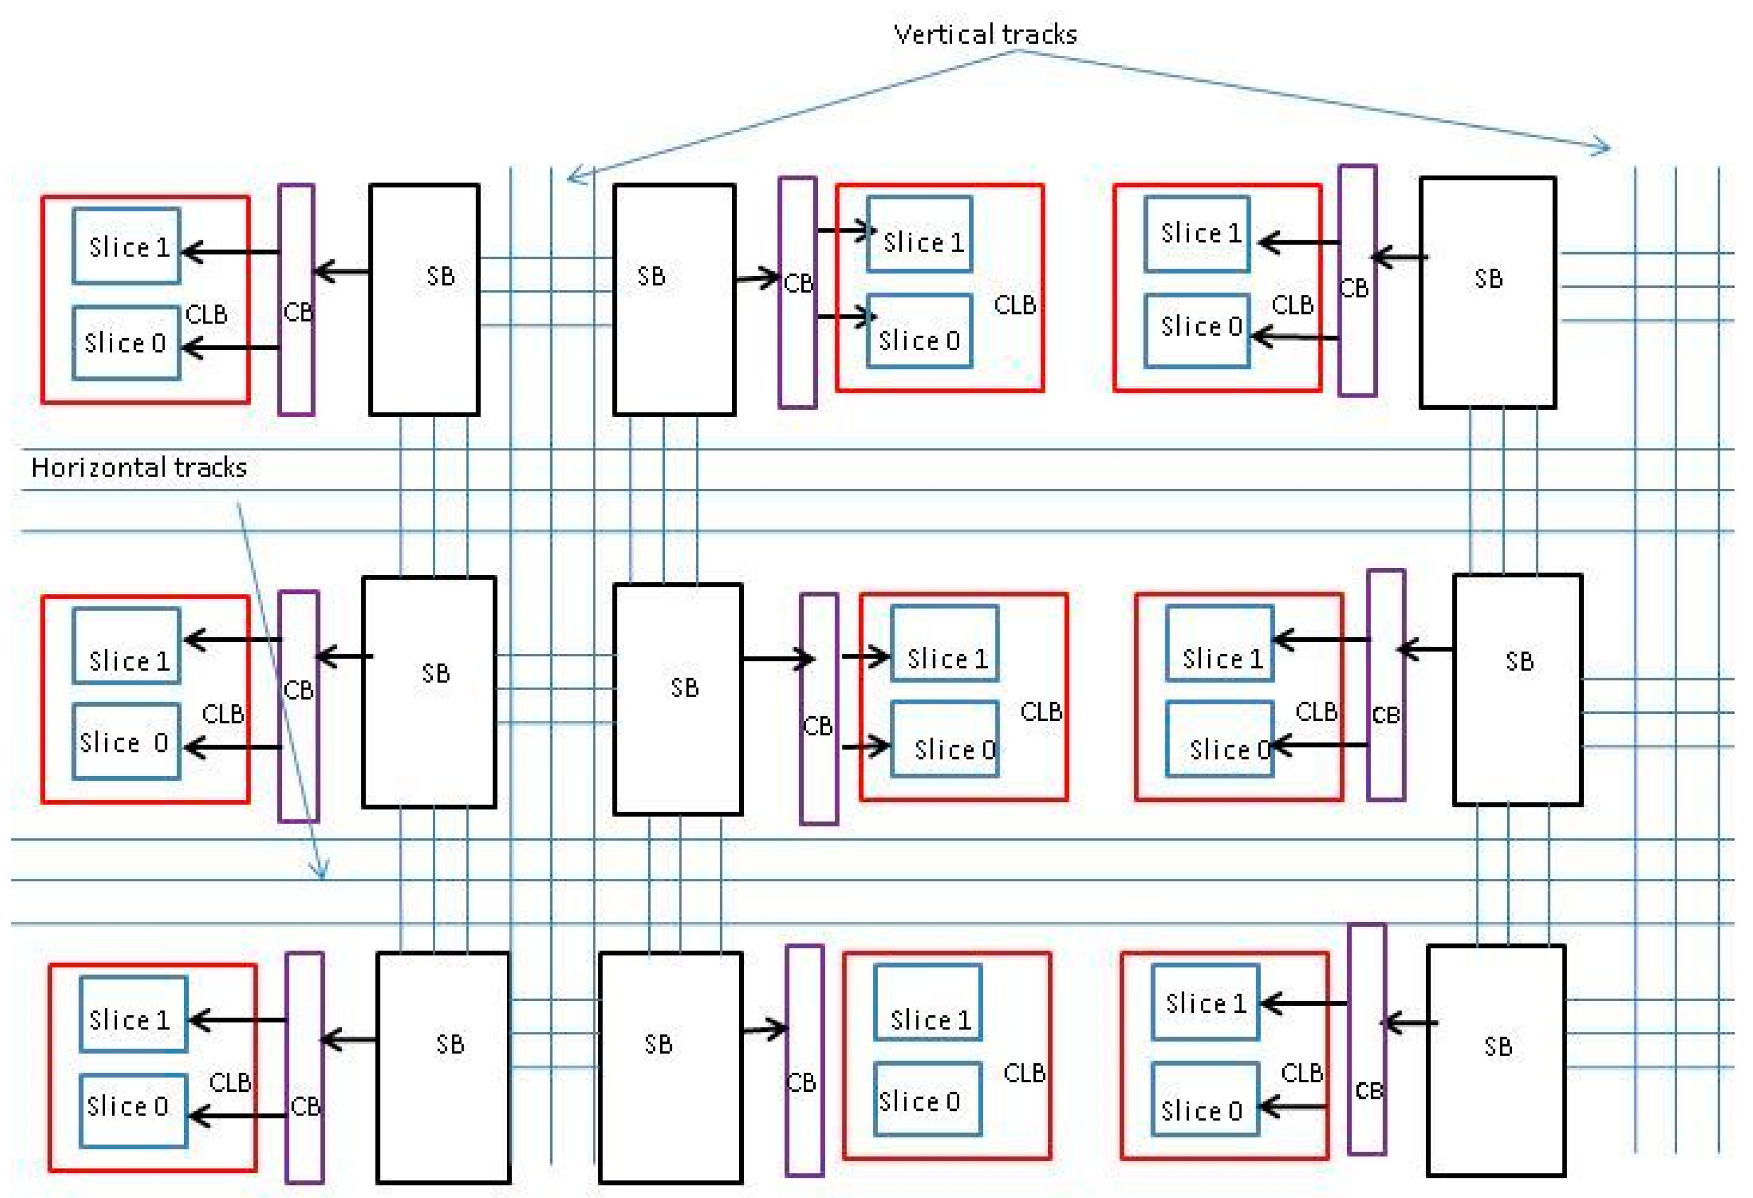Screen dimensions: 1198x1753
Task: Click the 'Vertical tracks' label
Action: tap(984, 34)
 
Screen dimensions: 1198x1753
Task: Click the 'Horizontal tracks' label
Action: tap(139, 468)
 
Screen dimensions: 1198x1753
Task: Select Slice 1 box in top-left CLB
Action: tap(126, 246)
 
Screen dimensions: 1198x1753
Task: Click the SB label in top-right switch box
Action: tap(1488, 279)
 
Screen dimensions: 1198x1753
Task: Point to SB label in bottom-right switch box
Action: tap(1497, 1047)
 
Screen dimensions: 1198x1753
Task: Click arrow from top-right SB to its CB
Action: tap(1399, 258)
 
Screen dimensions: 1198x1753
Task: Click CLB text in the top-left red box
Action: tap(206, 314)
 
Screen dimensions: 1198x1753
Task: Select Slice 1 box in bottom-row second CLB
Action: tap(927, 1003)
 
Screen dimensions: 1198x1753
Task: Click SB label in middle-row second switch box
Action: tap(684, 688)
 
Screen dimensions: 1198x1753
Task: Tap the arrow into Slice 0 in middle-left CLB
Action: tap(232, 748)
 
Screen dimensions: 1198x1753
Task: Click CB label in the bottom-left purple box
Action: tap(305, 1106)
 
